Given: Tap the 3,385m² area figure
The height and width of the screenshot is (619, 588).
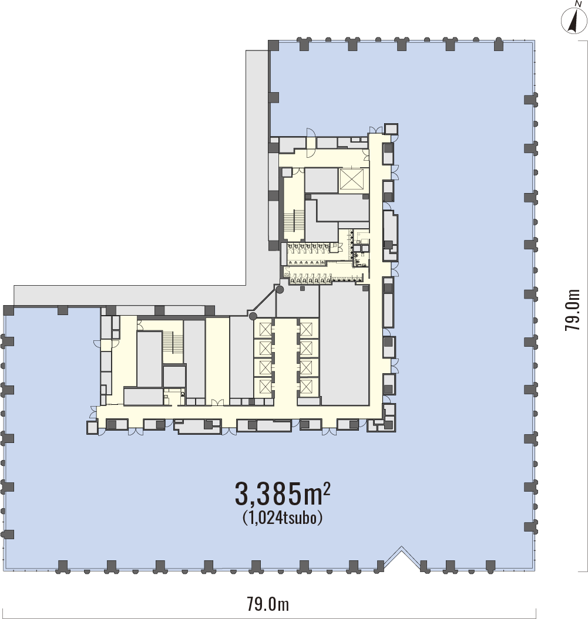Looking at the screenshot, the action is click(283, 494).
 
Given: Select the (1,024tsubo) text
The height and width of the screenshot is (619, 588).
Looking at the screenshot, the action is click(283, 517).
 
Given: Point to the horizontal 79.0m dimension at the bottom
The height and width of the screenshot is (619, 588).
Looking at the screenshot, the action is click(268, 604).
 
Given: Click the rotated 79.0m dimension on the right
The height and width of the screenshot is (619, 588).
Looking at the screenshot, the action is click(573, 310).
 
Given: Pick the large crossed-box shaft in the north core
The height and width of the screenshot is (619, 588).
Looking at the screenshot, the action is click(351, 180).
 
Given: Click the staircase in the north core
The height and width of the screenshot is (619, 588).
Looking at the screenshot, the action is click(294, 222).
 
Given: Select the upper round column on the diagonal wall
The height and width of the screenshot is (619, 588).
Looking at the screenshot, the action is click(280, 290).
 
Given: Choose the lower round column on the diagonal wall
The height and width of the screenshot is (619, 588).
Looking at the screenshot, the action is click(253, 316).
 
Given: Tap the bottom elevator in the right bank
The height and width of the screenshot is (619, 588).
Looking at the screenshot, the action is click(306, 386).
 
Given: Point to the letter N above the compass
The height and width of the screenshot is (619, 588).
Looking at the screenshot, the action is click(579, 4).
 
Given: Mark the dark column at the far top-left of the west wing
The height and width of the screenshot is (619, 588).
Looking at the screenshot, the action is click(9, 310).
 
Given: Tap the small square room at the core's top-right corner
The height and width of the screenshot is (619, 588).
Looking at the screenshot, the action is click(391, 130).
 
